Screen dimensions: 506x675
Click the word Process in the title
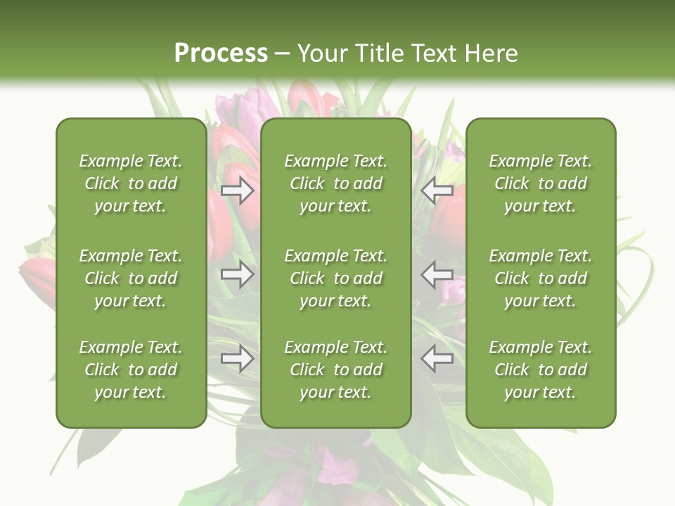pos(221,53)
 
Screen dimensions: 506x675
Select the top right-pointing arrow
pos(238,190)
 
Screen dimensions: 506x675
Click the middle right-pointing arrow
pos(238,274)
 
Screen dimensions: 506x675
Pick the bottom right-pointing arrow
pos(238,359)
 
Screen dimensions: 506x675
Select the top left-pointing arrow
pos(437,190)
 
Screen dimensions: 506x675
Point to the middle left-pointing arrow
pos(437,274)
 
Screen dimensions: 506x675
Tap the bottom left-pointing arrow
pos(437,359)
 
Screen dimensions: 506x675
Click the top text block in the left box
pos(131,183)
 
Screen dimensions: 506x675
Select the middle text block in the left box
pos(131,278)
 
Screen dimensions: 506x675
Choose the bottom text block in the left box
pos(131,370)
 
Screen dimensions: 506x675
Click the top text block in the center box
pos(336,183)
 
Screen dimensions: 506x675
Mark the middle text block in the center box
pos(336,278)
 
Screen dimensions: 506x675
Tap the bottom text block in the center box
pos(336,370)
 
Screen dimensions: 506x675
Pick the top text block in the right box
pos(541,183)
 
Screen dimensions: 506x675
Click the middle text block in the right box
pos(541,278)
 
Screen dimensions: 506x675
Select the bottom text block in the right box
pos(541,370)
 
